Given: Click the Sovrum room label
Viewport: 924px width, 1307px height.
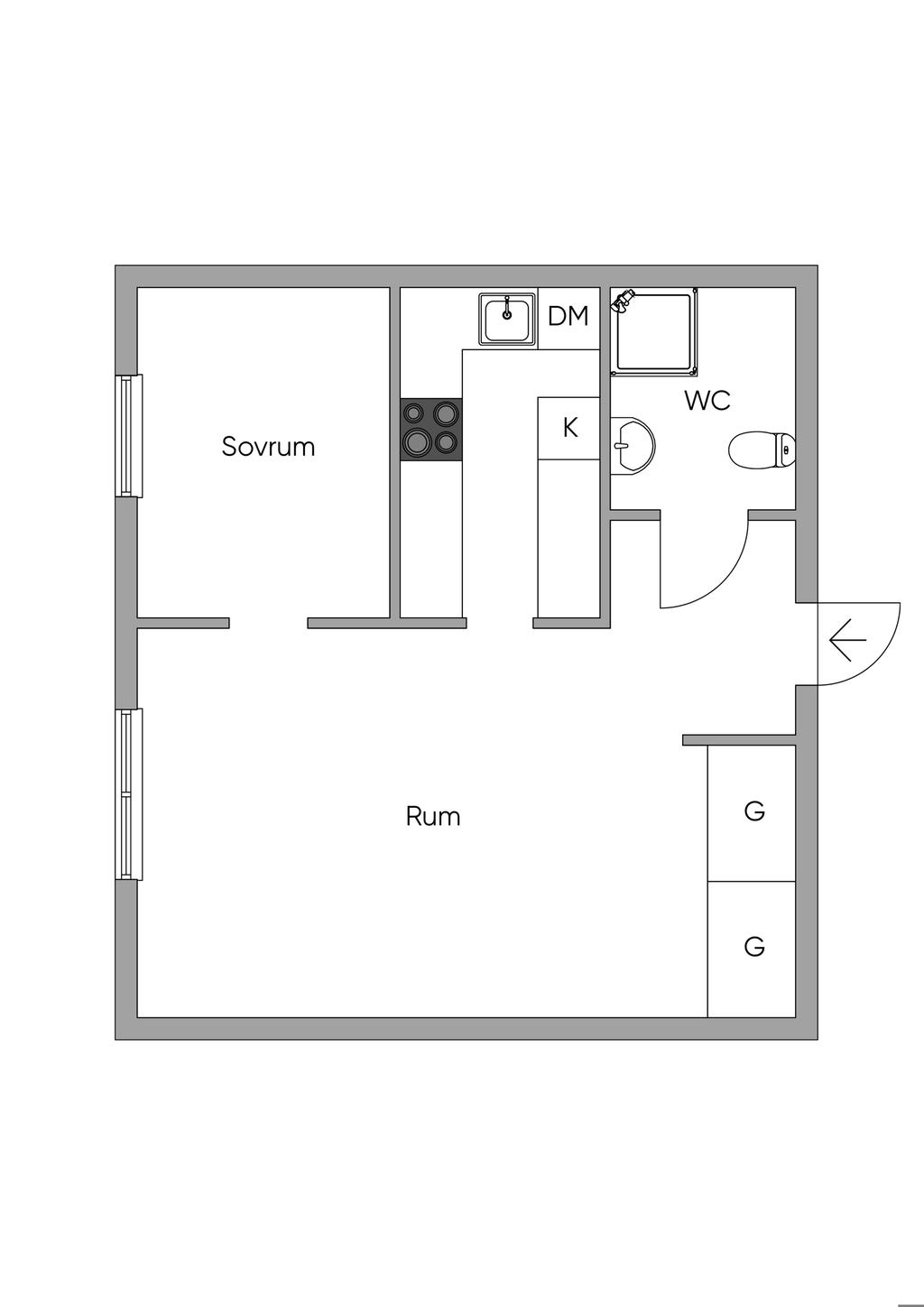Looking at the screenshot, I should [268, 447].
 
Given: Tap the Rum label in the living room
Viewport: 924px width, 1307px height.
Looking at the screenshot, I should [433, 817].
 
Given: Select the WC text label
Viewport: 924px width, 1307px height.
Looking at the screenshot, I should [707, 401].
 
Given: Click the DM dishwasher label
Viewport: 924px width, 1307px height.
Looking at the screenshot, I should [568, 317].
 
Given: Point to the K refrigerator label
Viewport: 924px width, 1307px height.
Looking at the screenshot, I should [570, 428].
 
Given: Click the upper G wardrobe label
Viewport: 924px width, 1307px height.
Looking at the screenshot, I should [754, 811].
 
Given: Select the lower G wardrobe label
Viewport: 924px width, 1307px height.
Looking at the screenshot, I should [754, 947].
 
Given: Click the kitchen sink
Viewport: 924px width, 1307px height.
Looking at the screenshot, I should [507, 320].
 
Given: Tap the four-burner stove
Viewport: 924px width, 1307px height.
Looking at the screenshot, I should [431, 429].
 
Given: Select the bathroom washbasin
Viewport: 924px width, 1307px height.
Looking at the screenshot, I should [631, 445].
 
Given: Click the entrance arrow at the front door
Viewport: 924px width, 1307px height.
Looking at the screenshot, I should [847, 640].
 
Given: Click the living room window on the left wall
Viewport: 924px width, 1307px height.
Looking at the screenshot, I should [128, 794].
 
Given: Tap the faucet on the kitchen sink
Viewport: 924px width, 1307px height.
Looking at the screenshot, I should [507, 307].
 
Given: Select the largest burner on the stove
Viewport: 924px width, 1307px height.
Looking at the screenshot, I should [417, 441].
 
